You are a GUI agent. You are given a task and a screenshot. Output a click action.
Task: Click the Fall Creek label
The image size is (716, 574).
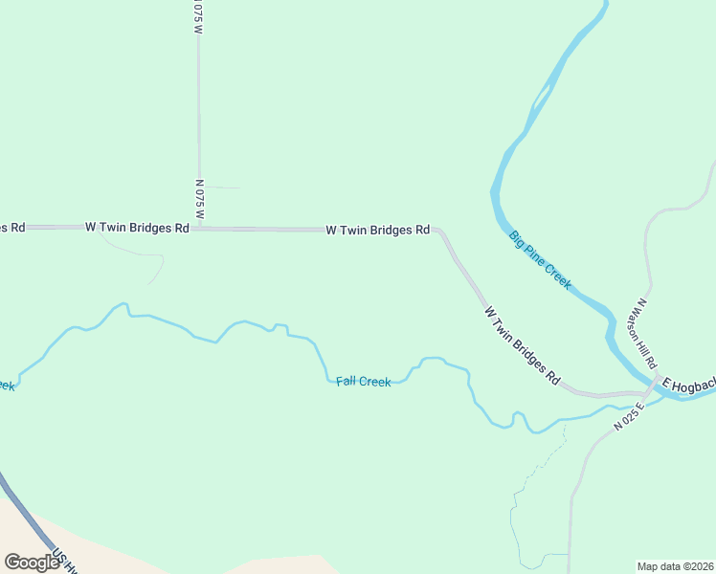point(363,382)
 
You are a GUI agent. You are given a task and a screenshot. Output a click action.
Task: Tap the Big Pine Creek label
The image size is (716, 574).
point(540,259)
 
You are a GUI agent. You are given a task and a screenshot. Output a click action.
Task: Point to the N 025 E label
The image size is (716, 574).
point(631,417)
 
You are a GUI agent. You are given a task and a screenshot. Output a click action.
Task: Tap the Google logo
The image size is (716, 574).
point(32,562)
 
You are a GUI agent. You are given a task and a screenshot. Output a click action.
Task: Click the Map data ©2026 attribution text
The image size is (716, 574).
point(675,565)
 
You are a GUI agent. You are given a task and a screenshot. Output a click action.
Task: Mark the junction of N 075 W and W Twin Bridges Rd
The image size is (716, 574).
point(199,229)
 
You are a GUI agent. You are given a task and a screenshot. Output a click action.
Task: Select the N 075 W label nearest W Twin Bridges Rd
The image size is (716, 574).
point(199,200)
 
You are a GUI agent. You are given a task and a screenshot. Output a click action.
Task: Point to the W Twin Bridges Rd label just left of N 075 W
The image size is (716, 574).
point(137,228)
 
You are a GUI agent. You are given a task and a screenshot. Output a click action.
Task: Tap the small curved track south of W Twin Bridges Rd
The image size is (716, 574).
point(144,254)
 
